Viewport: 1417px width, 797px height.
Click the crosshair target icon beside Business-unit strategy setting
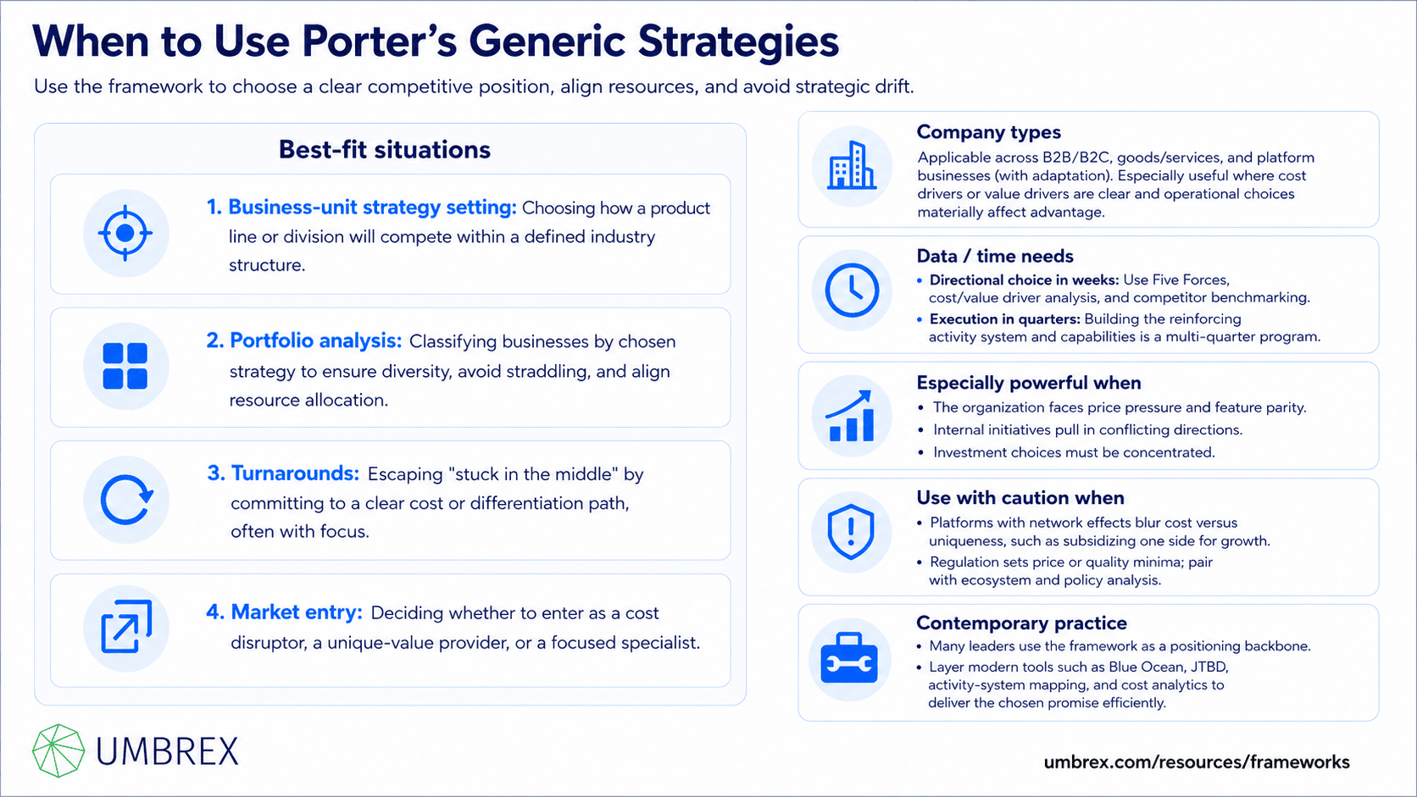125,233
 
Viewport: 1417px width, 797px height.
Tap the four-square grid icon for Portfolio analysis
125,366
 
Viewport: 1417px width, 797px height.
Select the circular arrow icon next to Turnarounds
126,500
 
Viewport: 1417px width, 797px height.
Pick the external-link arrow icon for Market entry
126,627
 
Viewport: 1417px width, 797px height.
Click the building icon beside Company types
852,165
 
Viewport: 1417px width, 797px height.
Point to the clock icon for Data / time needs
852,291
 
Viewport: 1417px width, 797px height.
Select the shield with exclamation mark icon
851,532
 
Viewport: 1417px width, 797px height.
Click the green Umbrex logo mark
58,751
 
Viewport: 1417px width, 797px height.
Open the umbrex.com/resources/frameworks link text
1196,762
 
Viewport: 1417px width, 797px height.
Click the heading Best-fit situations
385,150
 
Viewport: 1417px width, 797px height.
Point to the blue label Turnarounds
295,473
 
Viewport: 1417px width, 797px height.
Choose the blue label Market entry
296,612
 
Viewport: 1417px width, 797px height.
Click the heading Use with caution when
1020,498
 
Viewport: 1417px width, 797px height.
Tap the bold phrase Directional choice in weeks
1024,280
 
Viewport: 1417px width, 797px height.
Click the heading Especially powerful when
1029,383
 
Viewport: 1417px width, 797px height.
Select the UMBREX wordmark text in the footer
167,751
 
